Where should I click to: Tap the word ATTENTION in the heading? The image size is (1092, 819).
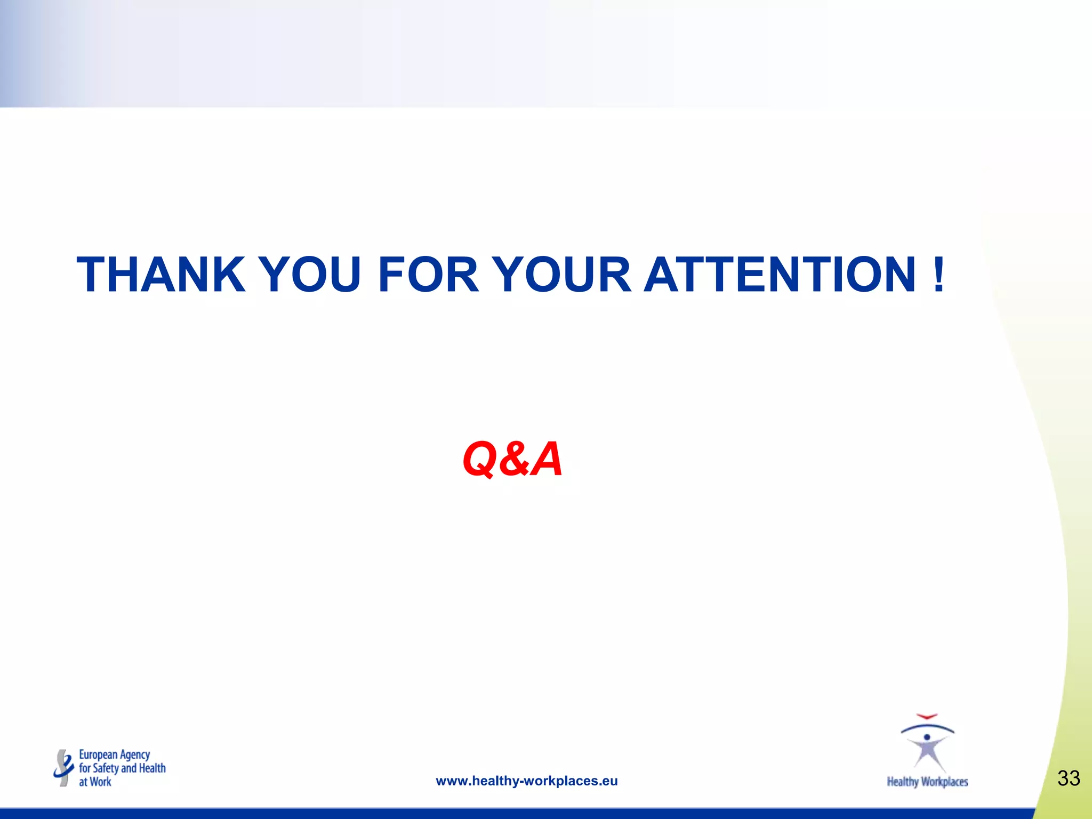(x=780, y=275)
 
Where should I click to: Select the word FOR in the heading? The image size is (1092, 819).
(x=428, y=275)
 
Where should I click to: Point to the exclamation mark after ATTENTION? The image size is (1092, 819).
(x=939, y=275)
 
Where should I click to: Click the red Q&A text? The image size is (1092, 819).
(x=512, y=459)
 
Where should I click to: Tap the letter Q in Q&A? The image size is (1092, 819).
(x=480, y=459)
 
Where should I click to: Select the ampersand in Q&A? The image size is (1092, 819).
(x=513, y=459)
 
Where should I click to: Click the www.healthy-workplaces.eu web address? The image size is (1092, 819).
(x=526, y=781)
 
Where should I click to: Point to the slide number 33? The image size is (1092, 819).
(x=1069, y=778)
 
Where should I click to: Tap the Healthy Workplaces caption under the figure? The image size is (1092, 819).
(x=927, y=782)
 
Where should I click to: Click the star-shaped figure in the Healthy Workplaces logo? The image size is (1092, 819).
(x=928, y=752)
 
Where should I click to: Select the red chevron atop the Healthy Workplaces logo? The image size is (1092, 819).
(x=927, y=717)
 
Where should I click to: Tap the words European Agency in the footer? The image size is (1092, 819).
(x=114, y=755)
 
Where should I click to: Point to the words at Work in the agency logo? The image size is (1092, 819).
(x=95, y=782)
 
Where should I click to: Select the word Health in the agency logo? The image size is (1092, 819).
(x=152, y=768)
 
